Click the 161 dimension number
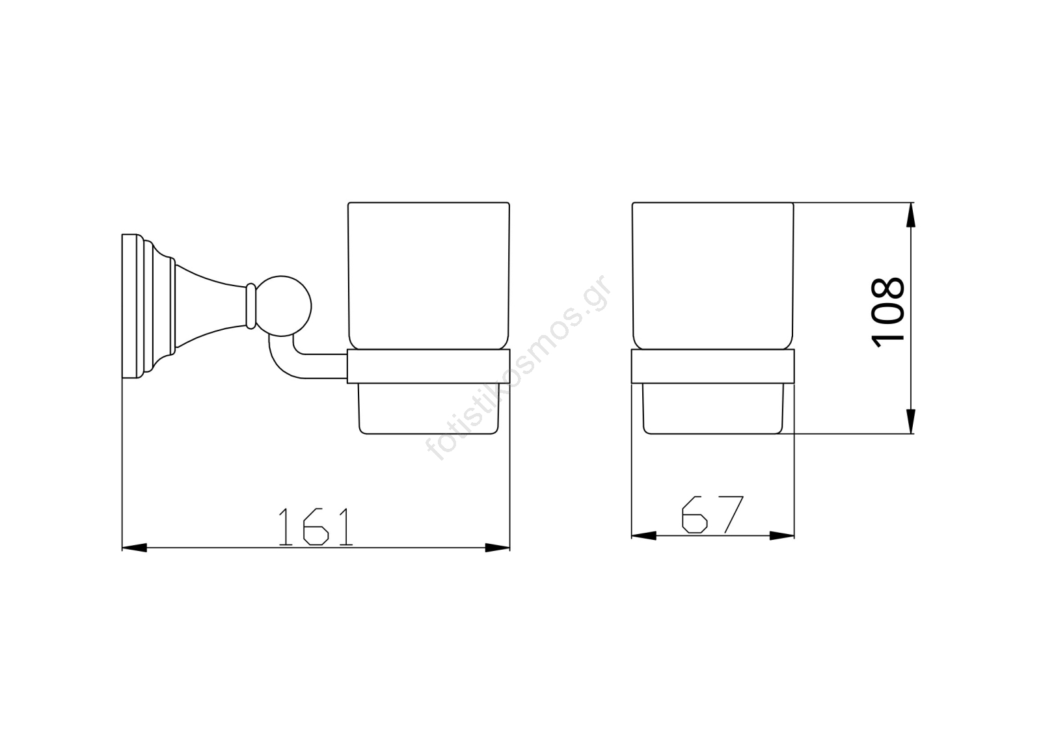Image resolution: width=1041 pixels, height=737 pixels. (316, 527)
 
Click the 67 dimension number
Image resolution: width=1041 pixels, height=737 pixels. (712, 515)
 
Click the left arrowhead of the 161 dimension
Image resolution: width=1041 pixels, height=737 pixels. (134, 548)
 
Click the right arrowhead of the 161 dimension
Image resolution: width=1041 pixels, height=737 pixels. (498, 548)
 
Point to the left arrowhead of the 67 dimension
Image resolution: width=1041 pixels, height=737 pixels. (643, 536)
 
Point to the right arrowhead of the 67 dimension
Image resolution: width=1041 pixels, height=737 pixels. (782, 536)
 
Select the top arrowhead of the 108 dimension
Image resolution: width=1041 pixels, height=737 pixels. (911, 215)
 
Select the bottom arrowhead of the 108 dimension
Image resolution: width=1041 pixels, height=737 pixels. (911, 422)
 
